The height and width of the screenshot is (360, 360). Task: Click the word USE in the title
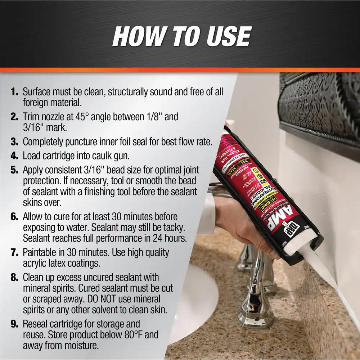[224, 36]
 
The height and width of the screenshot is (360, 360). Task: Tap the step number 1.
[14, 91]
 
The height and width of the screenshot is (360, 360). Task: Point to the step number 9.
[14, 324]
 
